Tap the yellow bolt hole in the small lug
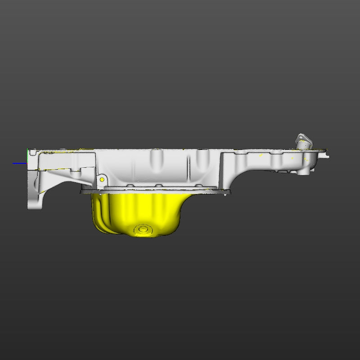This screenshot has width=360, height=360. (x=102, y=180)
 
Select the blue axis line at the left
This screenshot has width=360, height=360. (x=20, y=163)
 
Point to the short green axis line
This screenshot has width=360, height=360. (x=28, y=153)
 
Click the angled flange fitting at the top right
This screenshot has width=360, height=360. (x=303, y=141)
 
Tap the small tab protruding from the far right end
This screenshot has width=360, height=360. (x=326, y=156)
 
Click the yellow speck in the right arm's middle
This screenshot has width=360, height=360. (x=261, y=155)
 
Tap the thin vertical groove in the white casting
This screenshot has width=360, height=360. (x=189, y=166)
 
